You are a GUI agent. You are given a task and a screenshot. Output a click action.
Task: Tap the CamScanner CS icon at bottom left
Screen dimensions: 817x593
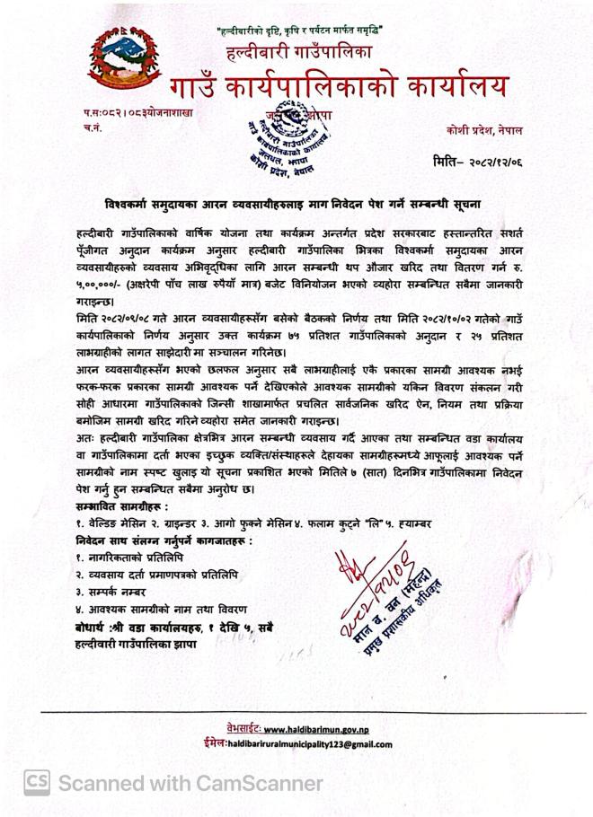[37, 783]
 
